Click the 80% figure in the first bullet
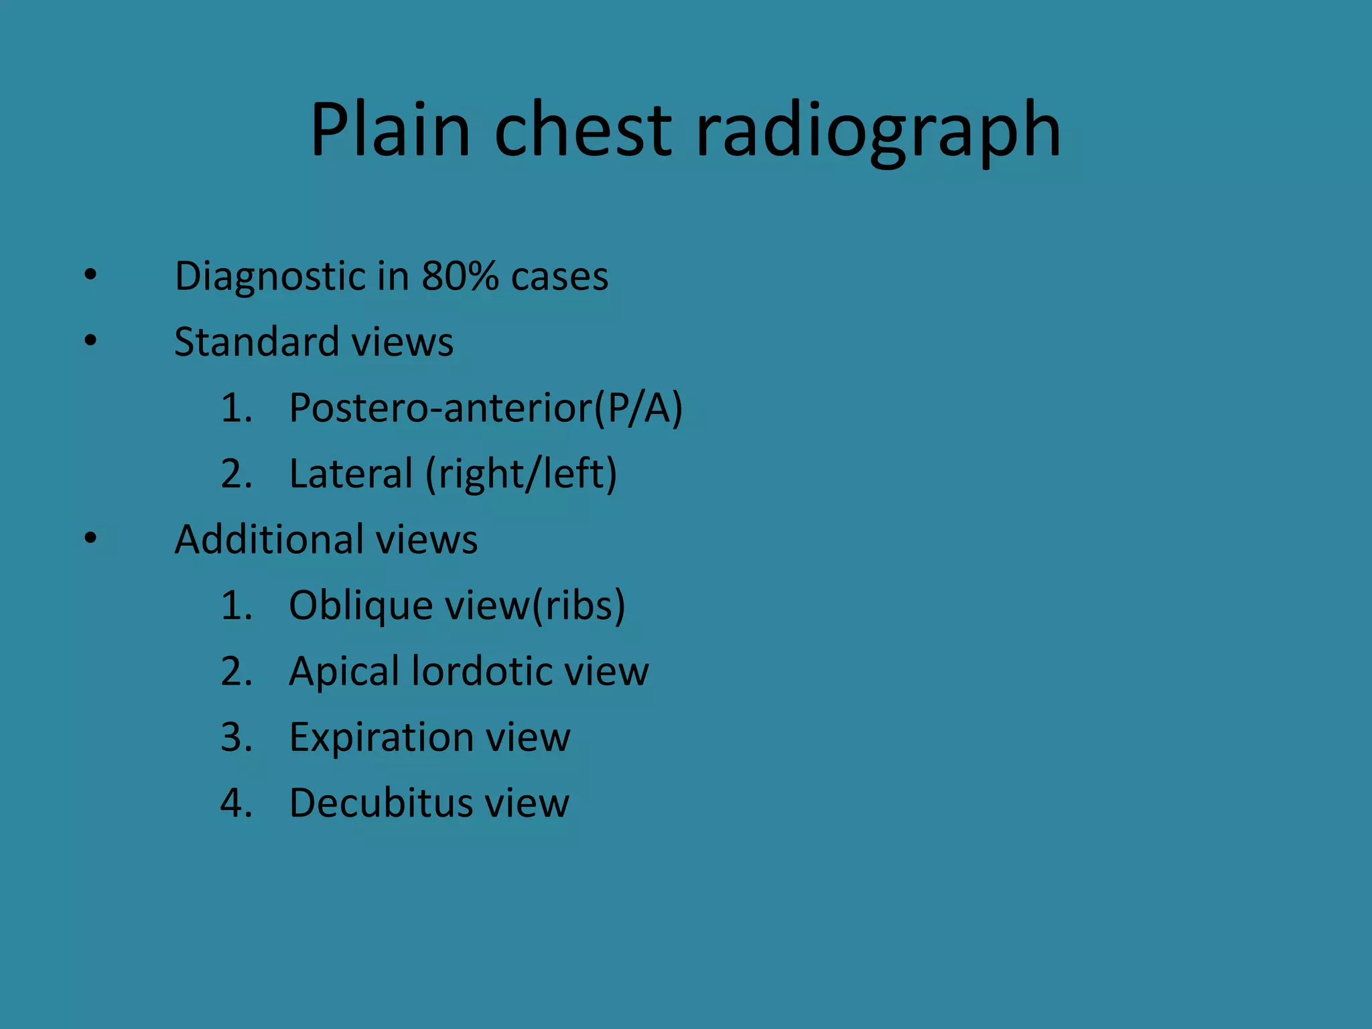[460, 275]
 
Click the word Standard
[257, 342]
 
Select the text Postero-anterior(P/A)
[485, 407]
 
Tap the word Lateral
[351, 473]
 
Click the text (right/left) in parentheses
[521, 473]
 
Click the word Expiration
[381, 737]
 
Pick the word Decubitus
[381, 803]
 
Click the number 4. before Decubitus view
[236, 803]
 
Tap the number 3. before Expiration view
[236, 737]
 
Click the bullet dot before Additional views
[90, 539]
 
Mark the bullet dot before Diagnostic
[90, 275]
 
